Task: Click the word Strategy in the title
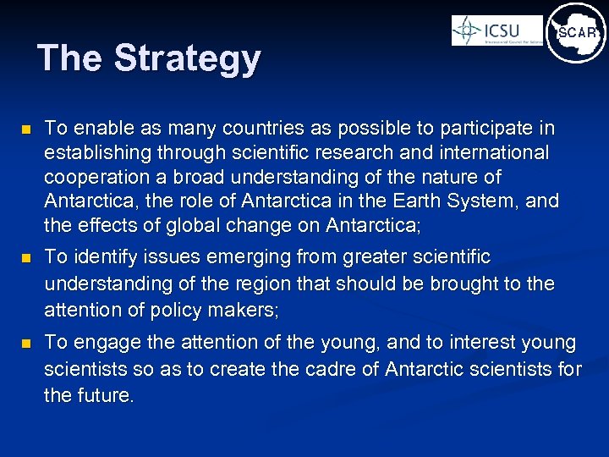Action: pyautogui.click(x=187, y=58)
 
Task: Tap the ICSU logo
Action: pyautogui.click(x=497, y=30)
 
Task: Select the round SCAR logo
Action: pyautogui.click(x=576, y=33)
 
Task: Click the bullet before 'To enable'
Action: pyautogui.click(x=26, y=130)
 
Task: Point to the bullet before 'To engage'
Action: pyautogui.click(x=26, y=344)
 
